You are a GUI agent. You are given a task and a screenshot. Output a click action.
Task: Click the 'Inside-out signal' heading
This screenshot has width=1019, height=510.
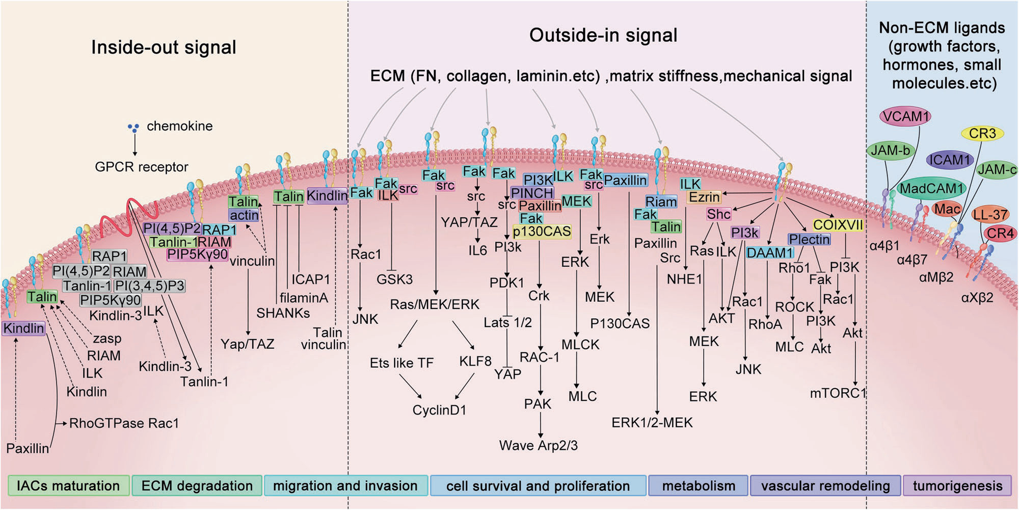(x=164, y=47)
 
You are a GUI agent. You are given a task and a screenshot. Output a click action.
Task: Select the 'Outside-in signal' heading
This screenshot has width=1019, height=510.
(x=603, y=35)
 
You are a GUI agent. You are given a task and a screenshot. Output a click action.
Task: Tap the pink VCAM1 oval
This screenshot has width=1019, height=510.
(x=906, y=116)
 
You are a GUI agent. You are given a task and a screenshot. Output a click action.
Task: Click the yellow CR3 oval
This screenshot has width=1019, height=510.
(x=982, y=134)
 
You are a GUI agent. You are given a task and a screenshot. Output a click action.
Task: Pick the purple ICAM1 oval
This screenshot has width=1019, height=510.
(x=950, y=160)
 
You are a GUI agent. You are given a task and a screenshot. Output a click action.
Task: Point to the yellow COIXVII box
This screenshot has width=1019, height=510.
(x=838, y=225)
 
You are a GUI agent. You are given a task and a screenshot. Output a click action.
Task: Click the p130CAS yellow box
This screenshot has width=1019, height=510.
(x=542, y=232)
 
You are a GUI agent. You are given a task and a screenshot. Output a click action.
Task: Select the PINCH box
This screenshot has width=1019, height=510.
(x=532, y=193)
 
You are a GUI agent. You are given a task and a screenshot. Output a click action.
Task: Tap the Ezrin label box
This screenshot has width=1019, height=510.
(x=704, y=197)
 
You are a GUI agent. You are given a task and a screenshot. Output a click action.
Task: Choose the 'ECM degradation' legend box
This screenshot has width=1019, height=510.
(x=197, y=486)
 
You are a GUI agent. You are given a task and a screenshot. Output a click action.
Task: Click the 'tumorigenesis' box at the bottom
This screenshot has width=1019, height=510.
(x=957, y=486)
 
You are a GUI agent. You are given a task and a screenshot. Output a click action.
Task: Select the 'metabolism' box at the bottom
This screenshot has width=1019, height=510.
(x=699, y=486)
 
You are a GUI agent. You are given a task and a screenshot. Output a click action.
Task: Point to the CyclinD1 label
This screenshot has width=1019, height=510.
(x=439, y=410)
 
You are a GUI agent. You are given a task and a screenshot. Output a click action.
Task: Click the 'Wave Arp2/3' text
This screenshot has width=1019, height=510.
(x=539, y=446)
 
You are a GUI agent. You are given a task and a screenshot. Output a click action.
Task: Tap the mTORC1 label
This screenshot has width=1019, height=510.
(x=838, y=393)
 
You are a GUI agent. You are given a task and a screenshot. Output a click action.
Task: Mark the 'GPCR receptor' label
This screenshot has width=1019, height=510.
(x=142, y=167)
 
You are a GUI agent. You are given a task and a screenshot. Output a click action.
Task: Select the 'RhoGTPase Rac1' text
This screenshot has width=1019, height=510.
(x=124, y=423)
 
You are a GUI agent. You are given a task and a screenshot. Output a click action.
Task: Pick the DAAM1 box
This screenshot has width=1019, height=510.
(x=770, y=253)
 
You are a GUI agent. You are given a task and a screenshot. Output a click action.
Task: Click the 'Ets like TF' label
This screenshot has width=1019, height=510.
(x=401, y=363)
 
